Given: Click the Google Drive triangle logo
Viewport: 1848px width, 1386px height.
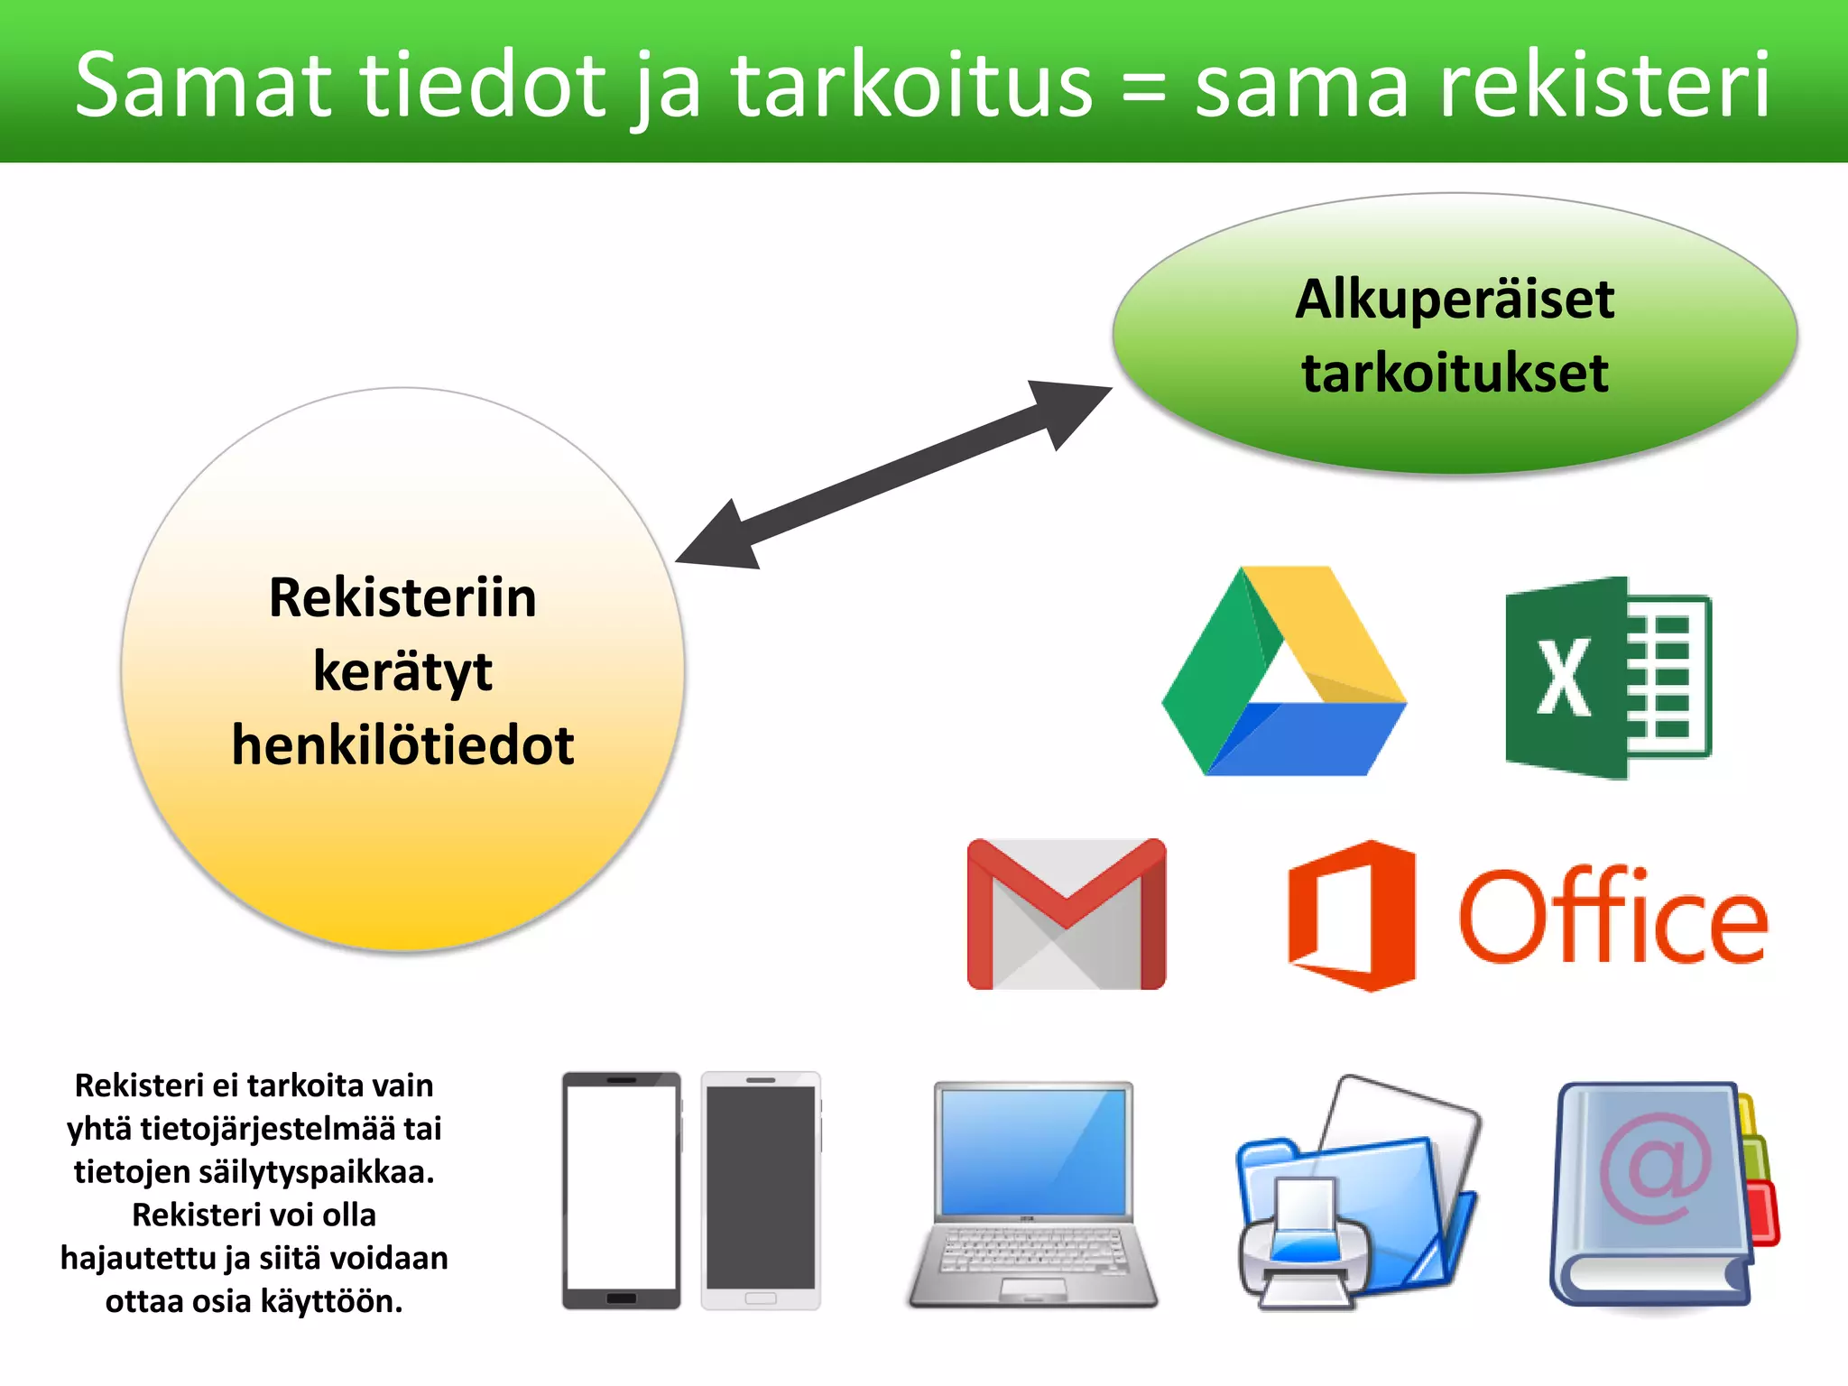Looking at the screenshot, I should pos(1282,672).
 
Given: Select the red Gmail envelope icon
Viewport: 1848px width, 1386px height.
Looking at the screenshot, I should pos(1066,914).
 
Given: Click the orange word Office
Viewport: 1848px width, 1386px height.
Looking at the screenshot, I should pos(1612,917).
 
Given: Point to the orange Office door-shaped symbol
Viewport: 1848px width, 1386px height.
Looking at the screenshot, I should pos(1351,916).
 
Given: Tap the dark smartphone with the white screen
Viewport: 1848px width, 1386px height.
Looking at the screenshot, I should pos(621,1189).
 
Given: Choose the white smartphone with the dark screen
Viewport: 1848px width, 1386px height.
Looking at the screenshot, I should pos(761,1189).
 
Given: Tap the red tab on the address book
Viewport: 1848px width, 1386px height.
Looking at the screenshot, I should pos(1763,1214).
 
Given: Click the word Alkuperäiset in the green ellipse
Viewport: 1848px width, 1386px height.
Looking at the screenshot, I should pos(1454,300).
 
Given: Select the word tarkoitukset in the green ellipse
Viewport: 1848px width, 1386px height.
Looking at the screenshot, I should pos(1454,373).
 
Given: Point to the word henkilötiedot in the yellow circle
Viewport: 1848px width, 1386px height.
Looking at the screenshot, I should pos(402,745).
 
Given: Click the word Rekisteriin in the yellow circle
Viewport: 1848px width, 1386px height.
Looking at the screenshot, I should pos(402,597).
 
